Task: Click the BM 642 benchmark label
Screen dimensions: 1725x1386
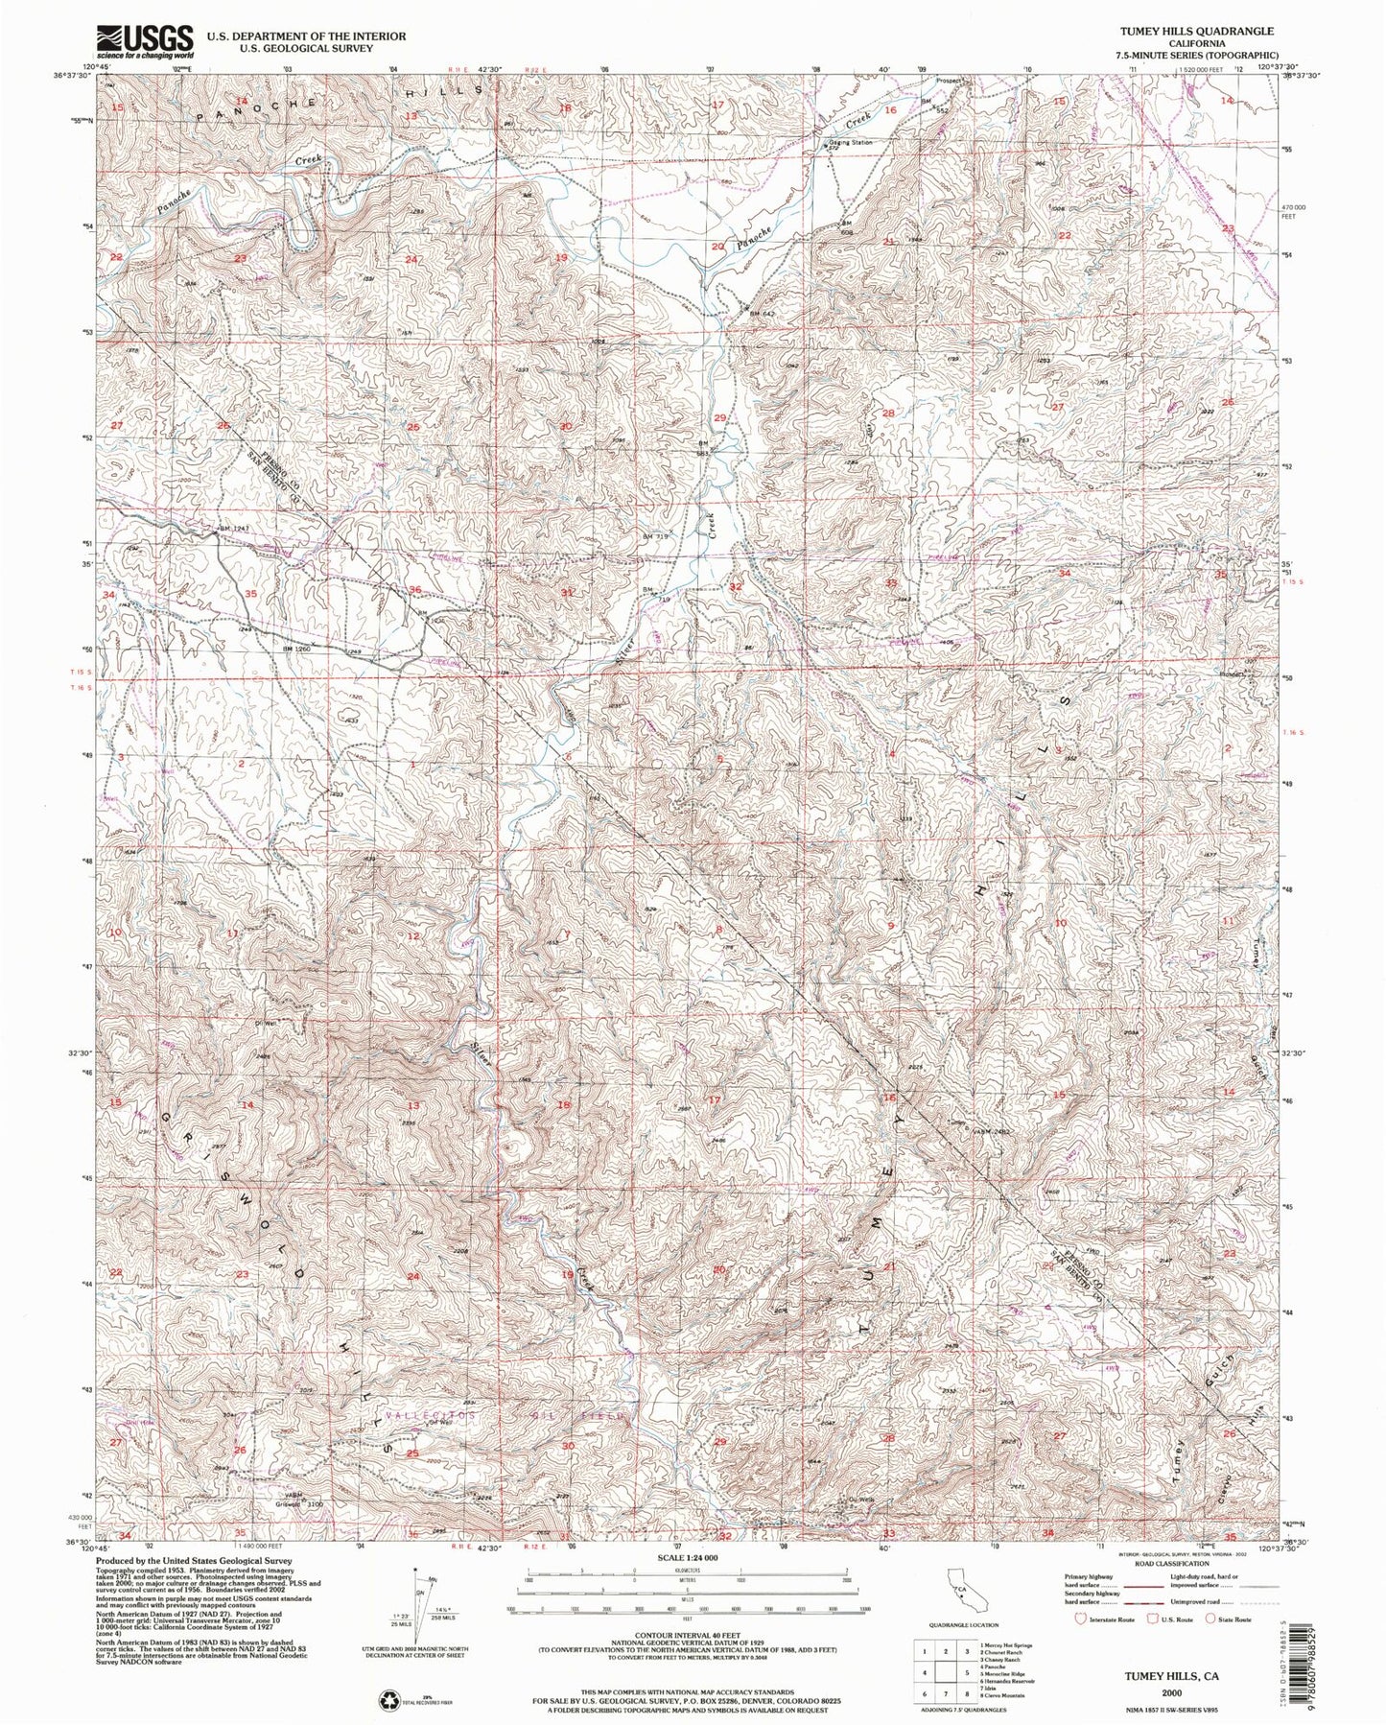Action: (x=762, y=313)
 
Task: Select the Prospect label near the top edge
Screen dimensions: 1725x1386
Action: (x=953, y=80)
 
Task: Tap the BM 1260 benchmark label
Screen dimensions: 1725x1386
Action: (x=298, y=650)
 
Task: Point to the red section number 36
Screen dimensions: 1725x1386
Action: (x=415, y=589)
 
